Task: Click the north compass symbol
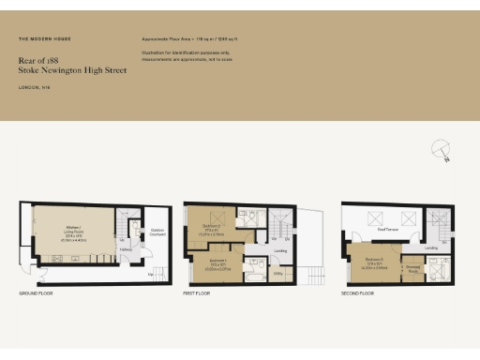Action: tap(440, 149)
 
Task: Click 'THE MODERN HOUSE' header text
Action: tap(44, 39)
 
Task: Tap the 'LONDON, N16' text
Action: tap(34, 87)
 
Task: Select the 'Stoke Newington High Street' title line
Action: tap(58, 68)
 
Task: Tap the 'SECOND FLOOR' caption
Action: tap(357, 293)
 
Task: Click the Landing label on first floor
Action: tap(279, 250)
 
